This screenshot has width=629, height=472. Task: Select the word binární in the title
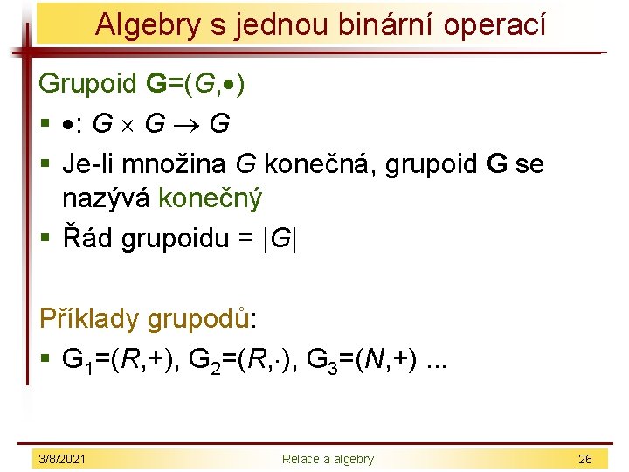[368, 24]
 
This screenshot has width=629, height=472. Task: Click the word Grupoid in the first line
[88, 84]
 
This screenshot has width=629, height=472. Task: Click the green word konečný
[210, 199]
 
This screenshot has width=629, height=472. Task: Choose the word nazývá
[107, 199]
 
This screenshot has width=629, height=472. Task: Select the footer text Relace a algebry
[327, 459]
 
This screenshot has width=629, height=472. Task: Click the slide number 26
[584, 459]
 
